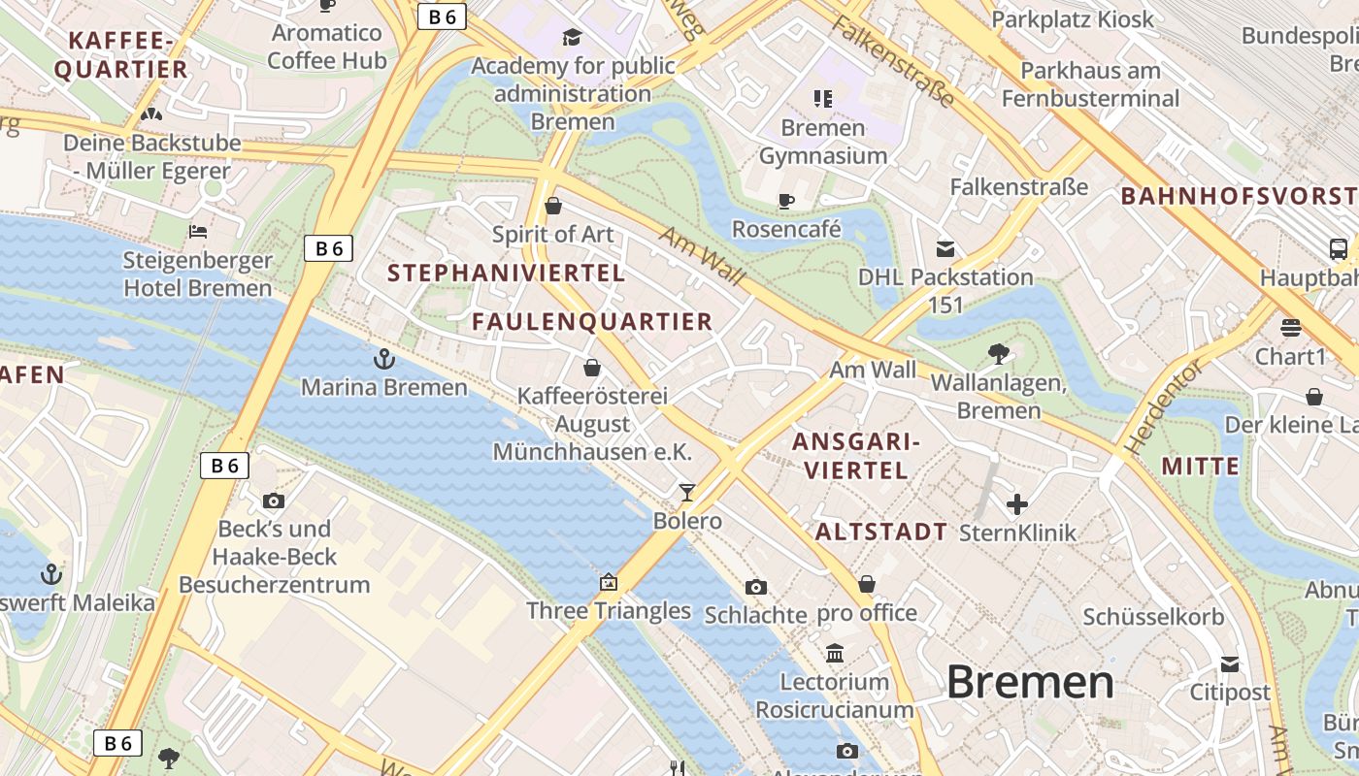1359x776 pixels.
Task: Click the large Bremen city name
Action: coord(1030,682)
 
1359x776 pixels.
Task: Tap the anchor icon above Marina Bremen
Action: coord(384,359)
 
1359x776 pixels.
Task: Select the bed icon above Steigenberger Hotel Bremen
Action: coord(198,232)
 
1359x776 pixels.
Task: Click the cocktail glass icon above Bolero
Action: coord(687,493)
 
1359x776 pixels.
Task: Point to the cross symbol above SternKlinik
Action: coord(1017,504)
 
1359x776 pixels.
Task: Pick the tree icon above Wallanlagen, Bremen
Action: coord(998,354)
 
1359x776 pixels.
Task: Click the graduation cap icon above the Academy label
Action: coord(573,38)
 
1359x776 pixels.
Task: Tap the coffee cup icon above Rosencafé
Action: coord(786,201)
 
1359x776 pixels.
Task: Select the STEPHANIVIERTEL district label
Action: coord(507,274)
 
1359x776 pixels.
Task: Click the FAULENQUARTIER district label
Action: coord(592,322)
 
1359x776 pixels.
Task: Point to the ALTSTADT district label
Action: coord(881,532)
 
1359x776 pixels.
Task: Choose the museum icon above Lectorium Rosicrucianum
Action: coord(835,653)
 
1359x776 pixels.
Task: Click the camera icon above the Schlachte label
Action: coord(756,587)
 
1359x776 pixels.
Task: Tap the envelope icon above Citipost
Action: coord(1230,664)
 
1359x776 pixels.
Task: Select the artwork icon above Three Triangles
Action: coord(609,582)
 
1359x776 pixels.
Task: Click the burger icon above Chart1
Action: coord(1290,328)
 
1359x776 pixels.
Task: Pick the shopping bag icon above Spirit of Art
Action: coord(553,206)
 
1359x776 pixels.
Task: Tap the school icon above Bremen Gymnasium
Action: coord(823,98)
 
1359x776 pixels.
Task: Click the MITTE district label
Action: coord(1200,467)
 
